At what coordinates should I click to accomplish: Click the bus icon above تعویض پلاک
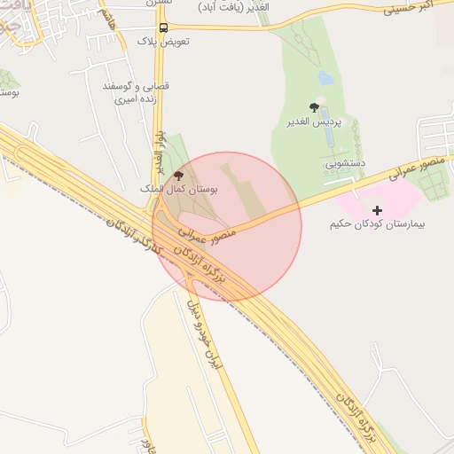[162, 27]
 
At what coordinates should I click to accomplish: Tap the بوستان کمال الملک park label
[182, 190]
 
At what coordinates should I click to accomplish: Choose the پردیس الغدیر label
[315, 121]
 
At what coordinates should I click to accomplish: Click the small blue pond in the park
[325, 78]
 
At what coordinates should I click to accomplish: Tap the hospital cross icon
[378, 210]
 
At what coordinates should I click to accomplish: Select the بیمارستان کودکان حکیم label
[378, 224]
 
